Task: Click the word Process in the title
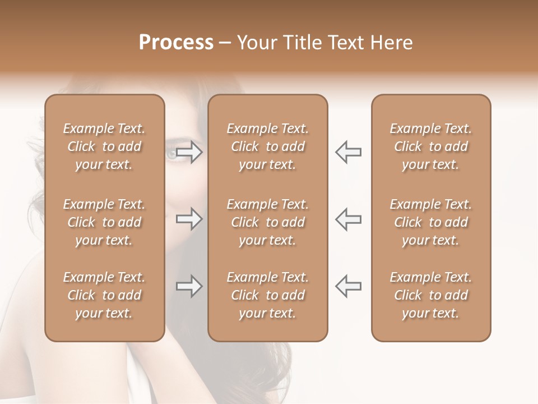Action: pos(176,43)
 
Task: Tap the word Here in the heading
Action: pos(392,43)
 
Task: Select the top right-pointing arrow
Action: pos(189,152)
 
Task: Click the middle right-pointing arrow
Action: pos(189,219)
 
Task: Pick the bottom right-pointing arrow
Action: pos(189,286)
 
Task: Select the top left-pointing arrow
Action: pos(348,152)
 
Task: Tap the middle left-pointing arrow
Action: pos(348,219)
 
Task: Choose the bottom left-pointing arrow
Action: pos(348,286)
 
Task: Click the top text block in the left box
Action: pos(104,146)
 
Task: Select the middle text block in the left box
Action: pos(104,222)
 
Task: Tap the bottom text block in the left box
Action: pos(104,295)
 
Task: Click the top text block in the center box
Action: pos(268,146)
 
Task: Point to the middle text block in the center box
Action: pos(268,222)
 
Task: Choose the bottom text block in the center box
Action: pos(268,295)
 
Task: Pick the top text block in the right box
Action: pos(431,146)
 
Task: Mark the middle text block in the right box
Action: pos(431,222)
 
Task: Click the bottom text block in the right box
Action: pos(431,295)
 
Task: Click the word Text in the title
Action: pos(346,43)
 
